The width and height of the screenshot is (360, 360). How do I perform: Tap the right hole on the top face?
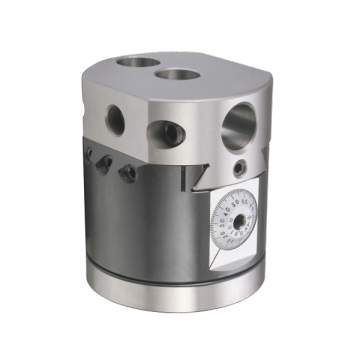(176, 74)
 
